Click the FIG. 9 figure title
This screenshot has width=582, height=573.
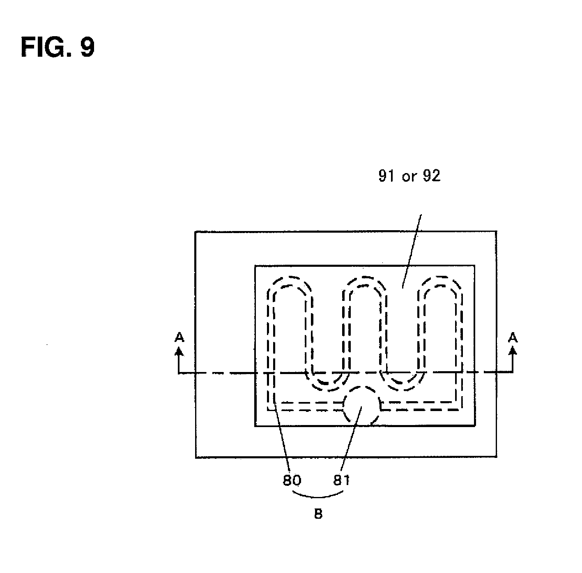coord(58,47)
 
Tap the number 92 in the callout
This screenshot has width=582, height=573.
coord(431,176)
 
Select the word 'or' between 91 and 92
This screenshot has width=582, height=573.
coord(409,177)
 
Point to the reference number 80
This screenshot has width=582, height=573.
coord(292,480)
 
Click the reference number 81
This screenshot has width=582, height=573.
coord(341,480)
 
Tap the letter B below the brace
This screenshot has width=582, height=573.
coord(318,514)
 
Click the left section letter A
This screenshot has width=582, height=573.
coord(179,337)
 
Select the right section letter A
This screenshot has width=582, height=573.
coord(513,337)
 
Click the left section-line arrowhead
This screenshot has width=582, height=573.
coord(179,350)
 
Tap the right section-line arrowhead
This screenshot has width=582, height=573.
coord(513,350)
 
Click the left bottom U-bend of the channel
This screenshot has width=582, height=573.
coord(327,386)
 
